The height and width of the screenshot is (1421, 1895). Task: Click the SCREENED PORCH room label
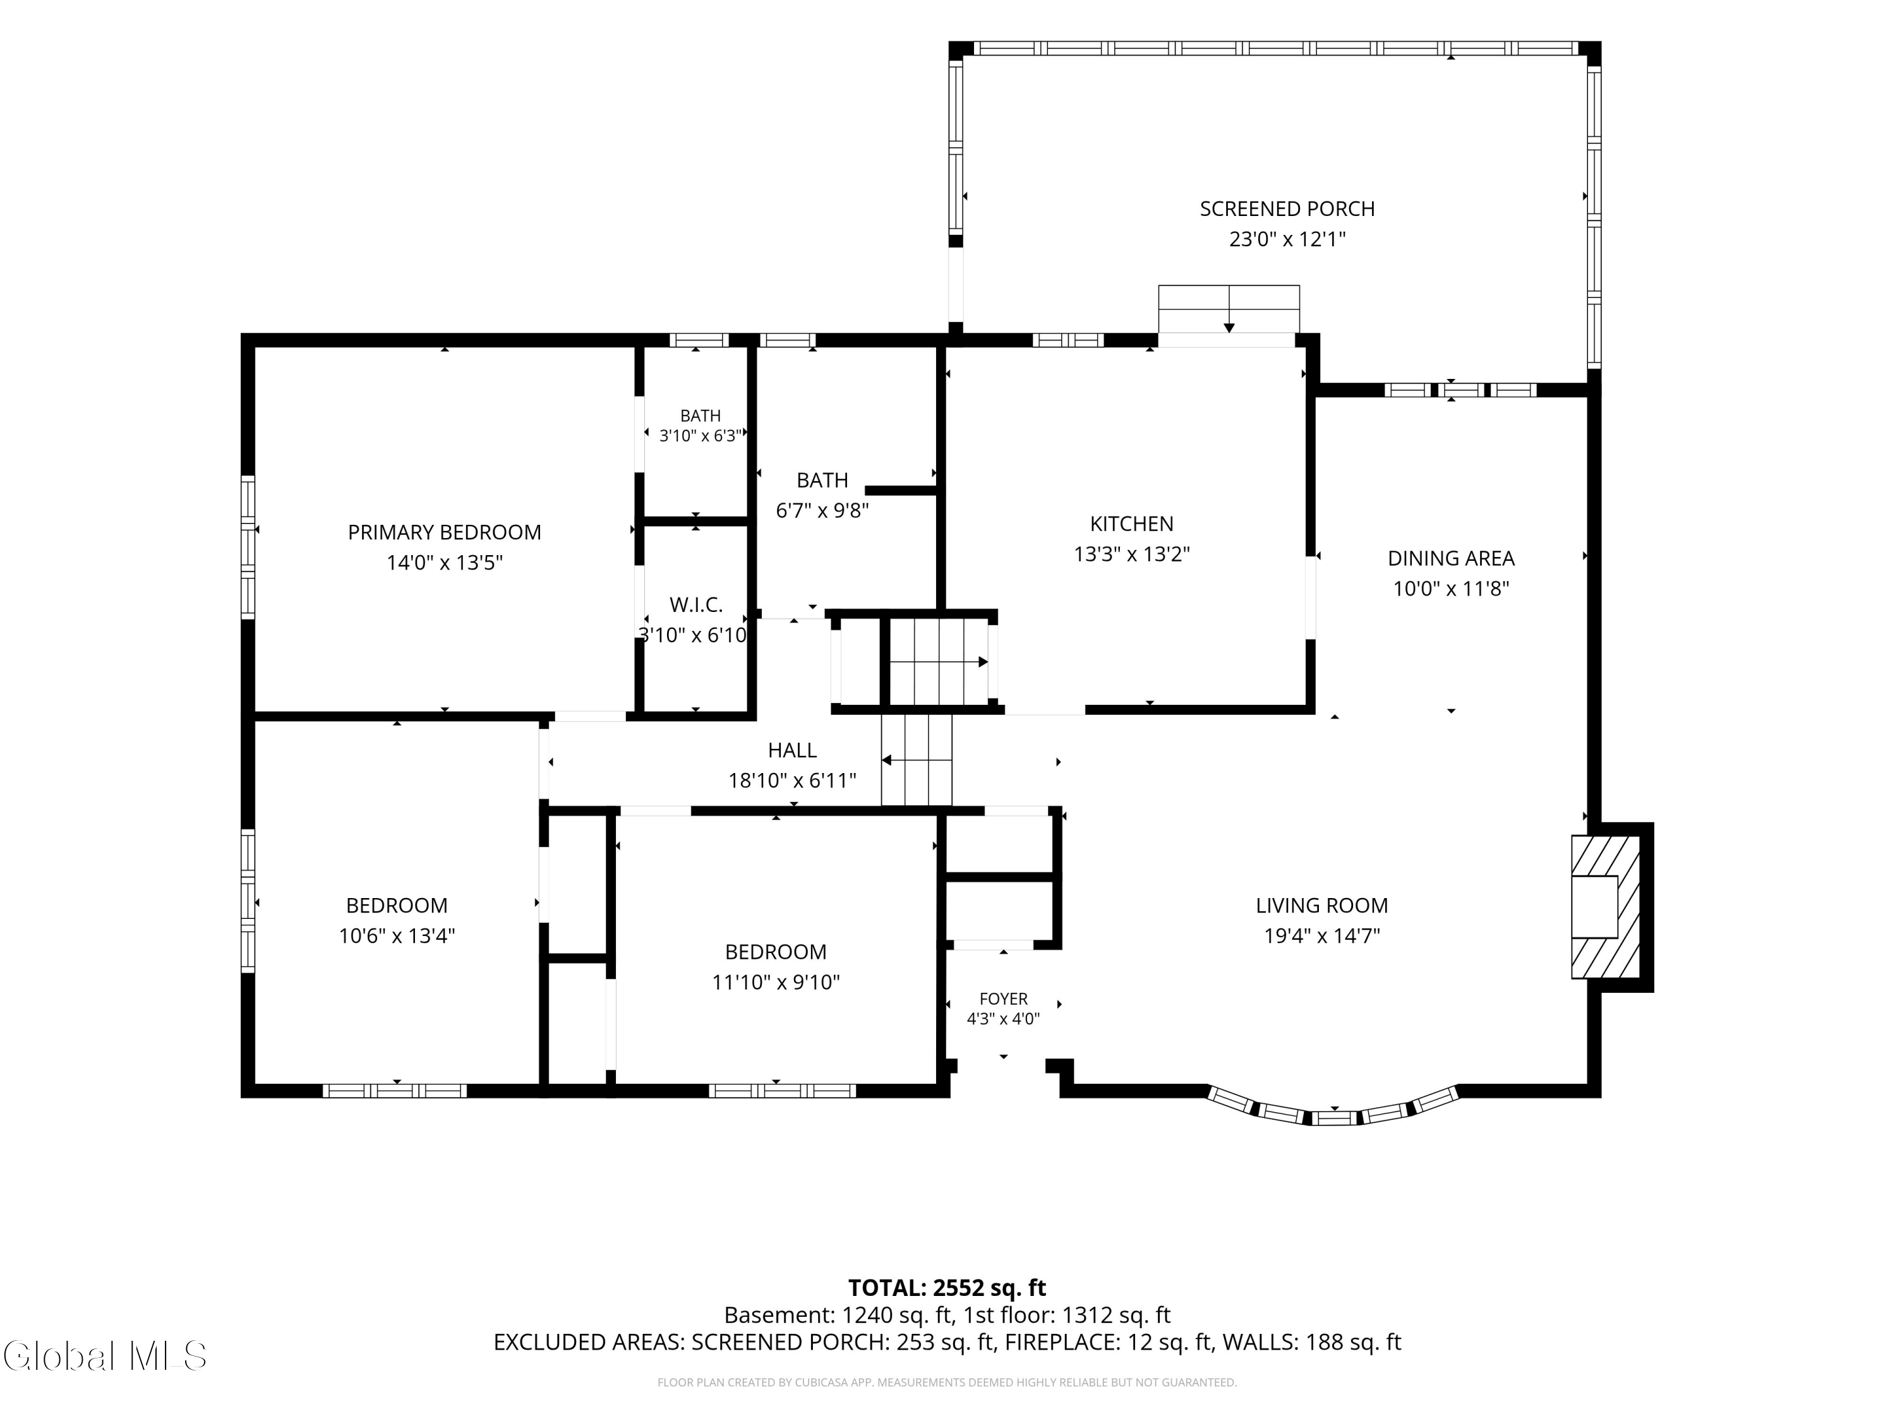click(x=1287, y=209)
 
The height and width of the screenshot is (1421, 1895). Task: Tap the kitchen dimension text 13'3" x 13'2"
click(x=1132, y=554)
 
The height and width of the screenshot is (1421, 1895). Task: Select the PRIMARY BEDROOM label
click(x=445, y=533)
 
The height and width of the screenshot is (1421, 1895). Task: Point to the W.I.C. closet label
click(x=695, y=605)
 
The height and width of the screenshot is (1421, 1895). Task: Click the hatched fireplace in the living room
click(x=1604, y=907)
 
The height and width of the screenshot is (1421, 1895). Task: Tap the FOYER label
click(x=1003, y=998)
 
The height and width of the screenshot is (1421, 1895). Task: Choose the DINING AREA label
click(x=1451, y=558)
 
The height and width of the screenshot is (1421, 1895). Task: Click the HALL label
click(x=793, y=750)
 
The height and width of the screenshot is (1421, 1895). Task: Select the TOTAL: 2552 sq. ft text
click(x=947, y=1288)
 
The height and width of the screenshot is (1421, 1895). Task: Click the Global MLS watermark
click(x=104, y=1356)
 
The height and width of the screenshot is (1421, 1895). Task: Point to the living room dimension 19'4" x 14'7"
click(x=1322, y=936)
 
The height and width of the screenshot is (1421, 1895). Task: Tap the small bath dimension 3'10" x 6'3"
click(x=701, y=436)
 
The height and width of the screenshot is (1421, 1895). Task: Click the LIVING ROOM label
click(x=1322, y=906)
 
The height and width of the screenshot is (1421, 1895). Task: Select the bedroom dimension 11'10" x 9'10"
click(x=775, y=983)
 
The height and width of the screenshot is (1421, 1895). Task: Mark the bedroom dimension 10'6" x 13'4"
click(x=397, y=936)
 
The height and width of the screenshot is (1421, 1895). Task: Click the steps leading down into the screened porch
click(x=1229, y=309)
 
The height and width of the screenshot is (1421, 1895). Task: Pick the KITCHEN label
click(x=1132, y=524)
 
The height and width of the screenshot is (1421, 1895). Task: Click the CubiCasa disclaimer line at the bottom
click(x=947, y=1382)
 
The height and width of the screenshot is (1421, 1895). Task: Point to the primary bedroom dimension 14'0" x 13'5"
click(x=445, y=563)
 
